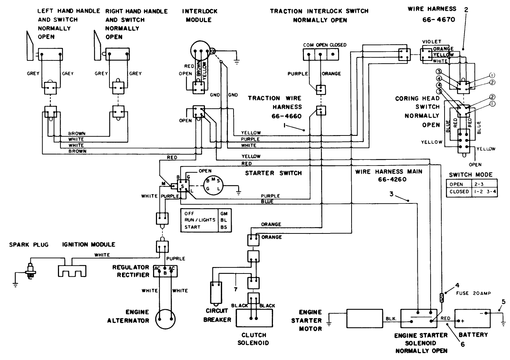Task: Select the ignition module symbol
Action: click(72, 270)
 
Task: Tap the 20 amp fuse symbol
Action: click(442, 297)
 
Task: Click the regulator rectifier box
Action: click(165, 271)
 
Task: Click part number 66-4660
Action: click(287, 116)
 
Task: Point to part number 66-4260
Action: click(392, 179)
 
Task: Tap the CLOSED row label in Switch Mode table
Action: click(459, 192)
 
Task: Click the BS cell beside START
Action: click(224, 227)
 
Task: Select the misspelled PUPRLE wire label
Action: click(175, 258)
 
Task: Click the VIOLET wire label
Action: click(431, 42)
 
